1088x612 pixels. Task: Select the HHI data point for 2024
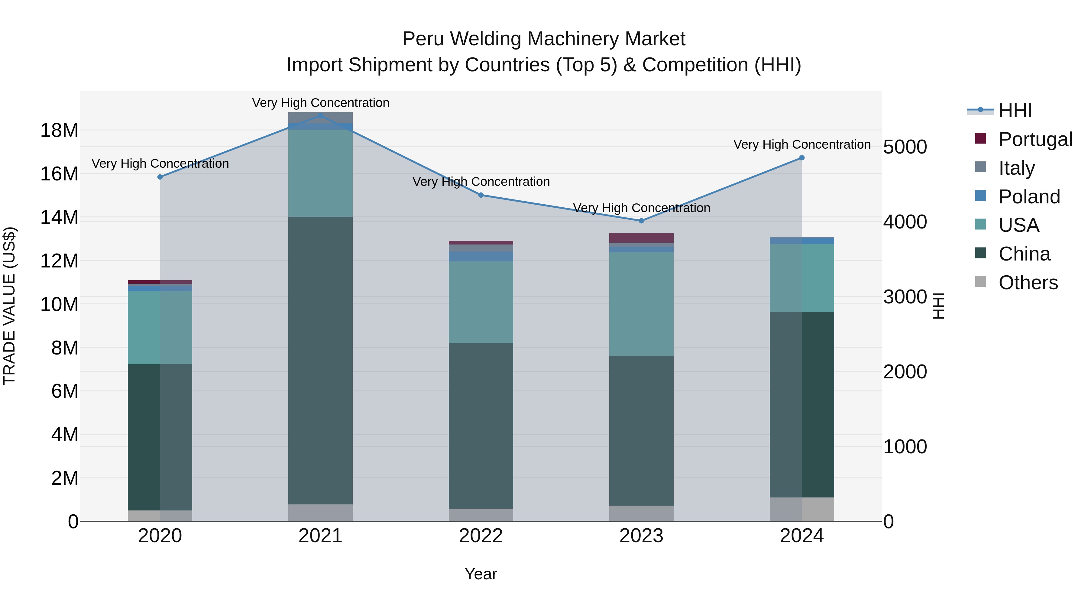pyautogui.click(x=801, y=158)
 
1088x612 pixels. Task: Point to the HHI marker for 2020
pyautogui.click(x=160, y=177)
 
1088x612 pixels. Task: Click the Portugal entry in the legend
pyautogui.click(x=1035, y=139)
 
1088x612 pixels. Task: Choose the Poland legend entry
pyautogui.click(x=1029, y=196)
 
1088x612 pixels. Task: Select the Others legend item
pyautogui.click(x=1028, y=283)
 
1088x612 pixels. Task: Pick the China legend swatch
pyautogui.click(x=980, y=254)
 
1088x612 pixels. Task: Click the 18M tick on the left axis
pyautogui.click(x=59, y=131)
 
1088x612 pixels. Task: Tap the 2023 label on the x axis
pyautogui.click(x=641, y=536)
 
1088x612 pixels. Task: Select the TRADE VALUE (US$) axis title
pyautogui.click(x=10, y=306)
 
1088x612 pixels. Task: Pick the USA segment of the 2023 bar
pyautogui.click(x=641, y=304)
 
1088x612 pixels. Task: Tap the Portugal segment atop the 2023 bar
pyautogui.click(x=641, y=238)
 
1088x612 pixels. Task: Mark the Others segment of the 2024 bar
pyautogui.click(x=801, y=509)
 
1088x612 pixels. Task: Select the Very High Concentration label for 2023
pyautogui.click(x=641, y=208)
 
